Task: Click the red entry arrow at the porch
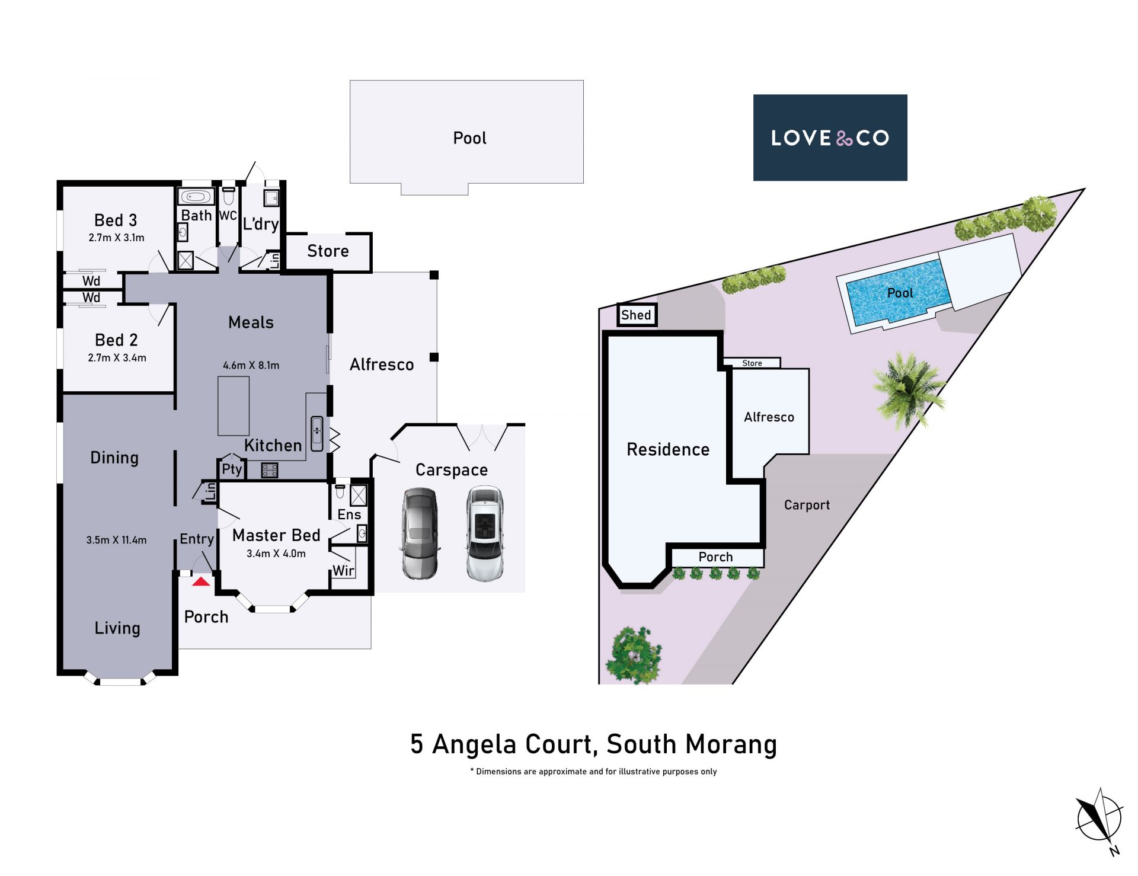tap(201, 581)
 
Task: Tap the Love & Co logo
tap(830, 138)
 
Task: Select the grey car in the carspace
tap(420, 533)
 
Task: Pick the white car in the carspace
tap(485, 533)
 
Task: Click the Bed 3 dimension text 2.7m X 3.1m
tap(117, 238)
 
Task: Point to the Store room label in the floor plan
tap(328, 251)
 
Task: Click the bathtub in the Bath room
tap(196, 196)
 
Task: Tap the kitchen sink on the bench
tap(317, 434)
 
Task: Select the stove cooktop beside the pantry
tap(270, 471)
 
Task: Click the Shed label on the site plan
tap(636, 315)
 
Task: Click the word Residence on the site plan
tap(668, 450)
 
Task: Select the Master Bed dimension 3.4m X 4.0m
tap(276, 554)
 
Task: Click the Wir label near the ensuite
tap(343, 571)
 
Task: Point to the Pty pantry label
tap(232, 469)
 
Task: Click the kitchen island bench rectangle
tap(234, 406)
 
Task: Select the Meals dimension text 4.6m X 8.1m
tap(251, 366)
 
